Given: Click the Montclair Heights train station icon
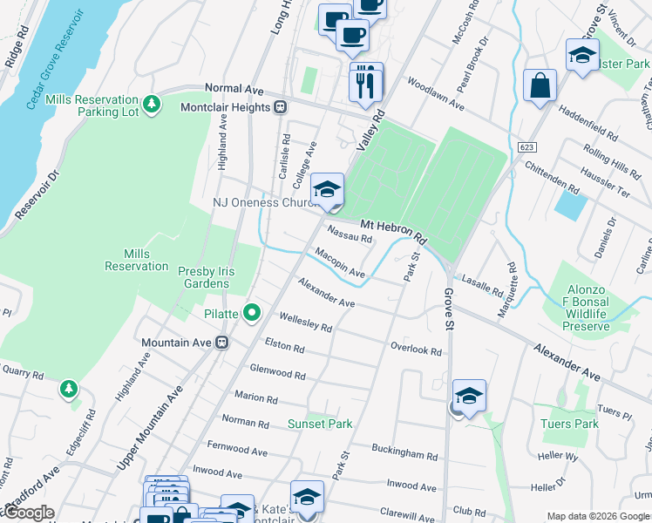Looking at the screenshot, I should coord(281,107).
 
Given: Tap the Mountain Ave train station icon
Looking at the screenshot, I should coord(222,343).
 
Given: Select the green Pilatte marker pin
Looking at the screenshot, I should coord(252,311).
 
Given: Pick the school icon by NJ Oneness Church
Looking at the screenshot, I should coord(327,190).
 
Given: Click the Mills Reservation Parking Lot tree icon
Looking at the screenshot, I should coord(153,104).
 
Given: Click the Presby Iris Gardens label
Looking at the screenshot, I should coord(203,277).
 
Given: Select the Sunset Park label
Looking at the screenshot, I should coord(320,425).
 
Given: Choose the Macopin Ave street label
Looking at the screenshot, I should coord(340,262).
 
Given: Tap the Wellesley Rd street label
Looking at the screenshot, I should coord(305,323).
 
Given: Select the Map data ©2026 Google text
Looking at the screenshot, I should coord(597,516).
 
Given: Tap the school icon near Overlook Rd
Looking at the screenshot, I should coord(468,397).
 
